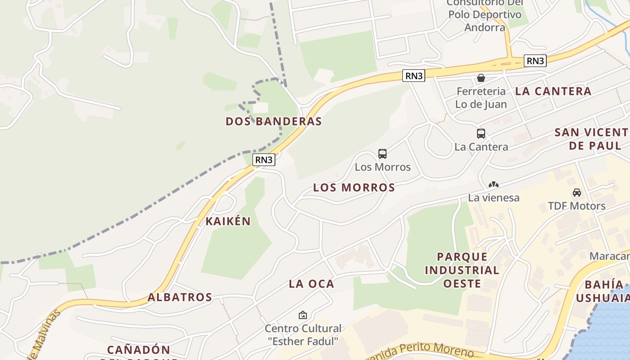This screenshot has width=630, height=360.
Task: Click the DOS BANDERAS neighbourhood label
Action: pyautogui.click(x=274, y=121)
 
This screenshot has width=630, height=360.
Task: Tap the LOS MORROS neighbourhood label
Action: pyautogui.click(x=354, y=188)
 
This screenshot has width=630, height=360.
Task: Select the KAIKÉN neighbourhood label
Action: pyautogui.click(x=228, y=221)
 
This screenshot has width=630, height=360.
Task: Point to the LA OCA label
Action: pyautogui.click(x=311, y=284)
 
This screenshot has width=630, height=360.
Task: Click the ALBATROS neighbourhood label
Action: pyautogui.click(x=180, y=297)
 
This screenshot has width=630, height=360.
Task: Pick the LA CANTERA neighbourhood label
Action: pyautogui.click(x=553, y=91)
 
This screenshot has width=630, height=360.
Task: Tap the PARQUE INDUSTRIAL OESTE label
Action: pyautogui.click(x=462, y=270)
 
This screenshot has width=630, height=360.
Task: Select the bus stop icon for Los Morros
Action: pyautogui.click(x=382, y=154)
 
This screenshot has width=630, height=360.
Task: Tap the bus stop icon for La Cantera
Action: pyautogui.click(x=481, y=134)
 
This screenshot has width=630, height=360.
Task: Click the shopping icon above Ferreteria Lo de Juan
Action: pyautogui.click(x=481, y=78)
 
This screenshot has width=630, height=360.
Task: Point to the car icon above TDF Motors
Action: pyautogui.click(x=576, y=193)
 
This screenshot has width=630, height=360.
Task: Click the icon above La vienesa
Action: pyautogui.click(x=494, y=184)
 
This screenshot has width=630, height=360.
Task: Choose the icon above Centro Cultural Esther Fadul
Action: pyautogui.click(x=303, y=315)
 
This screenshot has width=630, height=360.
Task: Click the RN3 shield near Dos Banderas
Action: pyautogui.click(x=264, y=160)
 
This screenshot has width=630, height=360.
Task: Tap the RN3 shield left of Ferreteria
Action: pyautogui.click(x=414, y=76)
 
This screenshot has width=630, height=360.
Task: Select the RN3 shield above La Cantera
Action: pyautogui.click(x=535, y=61)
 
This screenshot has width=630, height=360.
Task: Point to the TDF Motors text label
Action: pyautogui.click(x=576, y=206)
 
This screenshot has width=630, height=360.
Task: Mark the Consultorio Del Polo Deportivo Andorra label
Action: pyautogui.click(x=485, y=15)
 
